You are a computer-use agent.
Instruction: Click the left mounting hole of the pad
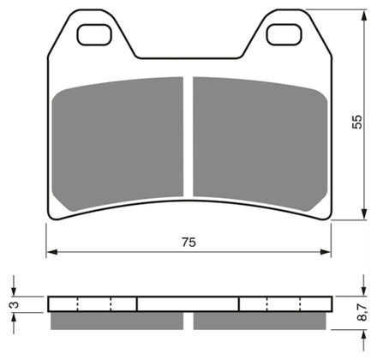click(94, 34)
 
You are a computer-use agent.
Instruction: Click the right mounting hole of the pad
click(284, 34)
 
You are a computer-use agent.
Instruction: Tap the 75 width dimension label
click(188, 243)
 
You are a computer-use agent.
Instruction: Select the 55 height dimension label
click(357, 122)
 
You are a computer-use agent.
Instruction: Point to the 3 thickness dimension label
click(15, 304)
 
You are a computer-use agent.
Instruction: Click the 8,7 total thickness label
click(362, 312)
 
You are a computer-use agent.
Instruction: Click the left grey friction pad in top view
click(117, 143)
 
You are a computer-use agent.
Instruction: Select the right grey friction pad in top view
click(260, 143)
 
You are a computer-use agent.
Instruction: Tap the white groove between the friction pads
click(188, 136)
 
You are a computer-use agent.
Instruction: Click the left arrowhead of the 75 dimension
click(52, 252)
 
